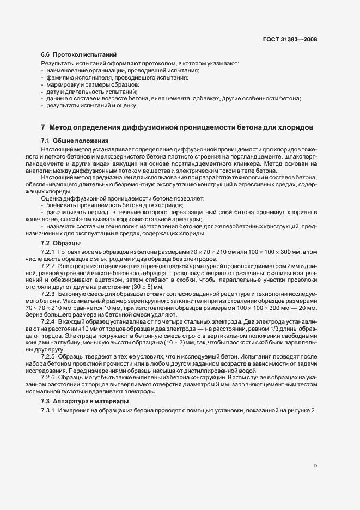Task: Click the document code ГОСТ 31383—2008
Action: point(290,40)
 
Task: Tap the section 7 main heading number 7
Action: point(43,127)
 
